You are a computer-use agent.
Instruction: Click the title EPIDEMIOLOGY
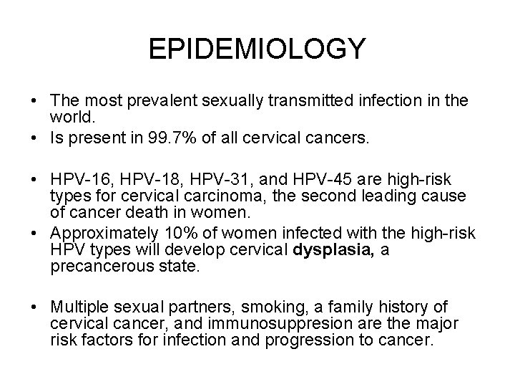pyautogui.click(x=257, y=49)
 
